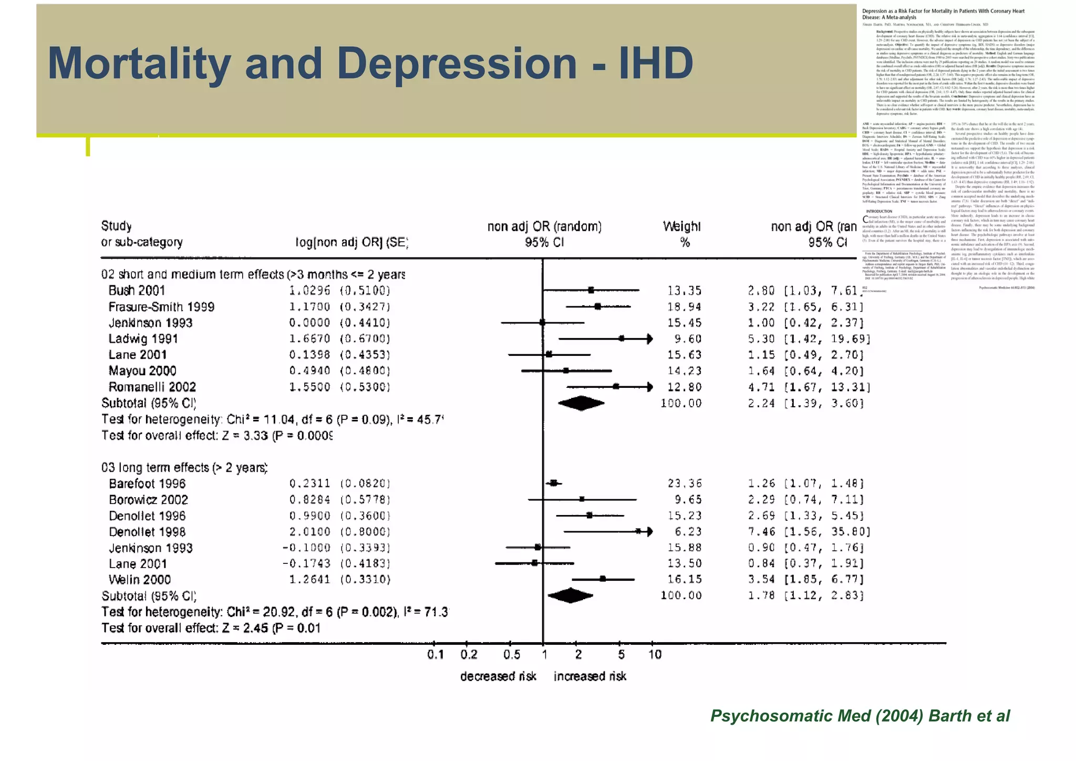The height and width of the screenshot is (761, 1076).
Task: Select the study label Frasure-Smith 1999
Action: [x=161, y=307]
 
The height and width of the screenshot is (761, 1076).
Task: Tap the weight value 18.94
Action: [x=684, y=307]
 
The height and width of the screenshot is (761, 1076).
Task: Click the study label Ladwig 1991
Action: [x=143, y=339]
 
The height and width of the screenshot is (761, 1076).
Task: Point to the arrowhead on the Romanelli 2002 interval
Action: [x=650, y=387]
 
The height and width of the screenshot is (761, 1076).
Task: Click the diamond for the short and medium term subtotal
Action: [x=581, y=404]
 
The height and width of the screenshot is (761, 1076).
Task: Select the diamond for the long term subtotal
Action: [x=570, y=595]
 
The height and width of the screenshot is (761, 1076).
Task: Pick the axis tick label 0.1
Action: [x=435, y=655]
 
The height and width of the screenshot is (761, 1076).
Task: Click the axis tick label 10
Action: [x=655, y=655]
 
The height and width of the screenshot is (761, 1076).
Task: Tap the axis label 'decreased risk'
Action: [x=498, y=676]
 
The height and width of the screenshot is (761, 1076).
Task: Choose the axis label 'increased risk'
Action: [x=589, y=676]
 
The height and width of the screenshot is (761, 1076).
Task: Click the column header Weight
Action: [x=681, y=227]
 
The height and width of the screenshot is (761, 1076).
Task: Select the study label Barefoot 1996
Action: [x=147, y=484]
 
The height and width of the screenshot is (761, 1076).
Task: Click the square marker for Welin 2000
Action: [x=603, y=579]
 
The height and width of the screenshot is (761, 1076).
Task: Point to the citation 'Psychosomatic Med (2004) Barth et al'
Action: [x=860, y=716]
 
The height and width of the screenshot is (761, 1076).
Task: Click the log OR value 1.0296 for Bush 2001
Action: [x=309, y=291]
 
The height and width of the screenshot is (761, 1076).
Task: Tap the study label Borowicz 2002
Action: [x=148, y=500]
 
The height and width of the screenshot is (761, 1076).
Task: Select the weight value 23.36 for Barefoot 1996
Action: [x=684, y=484]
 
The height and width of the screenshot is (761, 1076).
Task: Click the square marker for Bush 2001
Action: [x=591, y=290]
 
